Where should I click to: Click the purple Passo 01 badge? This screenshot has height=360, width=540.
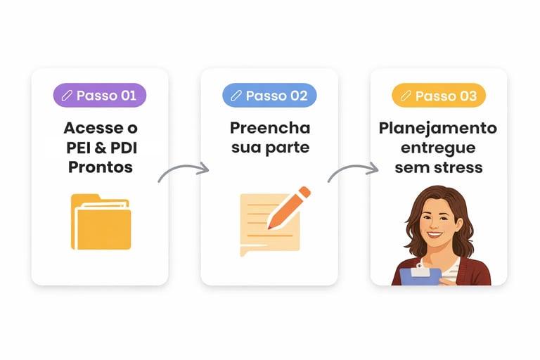100,96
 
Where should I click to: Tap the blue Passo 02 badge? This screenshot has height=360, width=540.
269,96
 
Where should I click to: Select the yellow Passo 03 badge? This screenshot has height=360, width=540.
439,96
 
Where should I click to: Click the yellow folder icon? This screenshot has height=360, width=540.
101,221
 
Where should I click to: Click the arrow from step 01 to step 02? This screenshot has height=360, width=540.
184,171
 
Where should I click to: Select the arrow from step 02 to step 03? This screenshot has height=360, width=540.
354,171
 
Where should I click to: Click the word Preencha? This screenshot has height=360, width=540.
269,129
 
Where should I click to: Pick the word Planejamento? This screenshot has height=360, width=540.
438,129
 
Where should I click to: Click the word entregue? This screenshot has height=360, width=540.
438,148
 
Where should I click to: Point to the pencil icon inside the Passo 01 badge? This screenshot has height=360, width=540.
67,96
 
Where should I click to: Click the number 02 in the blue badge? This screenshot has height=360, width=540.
298,96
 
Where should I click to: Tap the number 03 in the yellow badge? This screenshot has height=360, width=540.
468,96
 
